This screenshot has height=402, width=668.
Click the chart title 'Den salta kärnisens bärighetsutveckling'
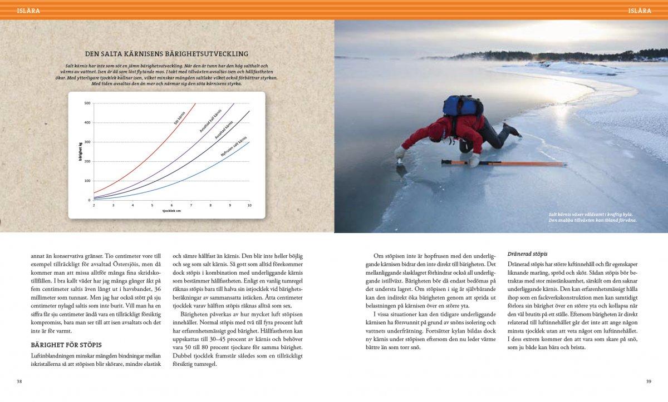point(166,54)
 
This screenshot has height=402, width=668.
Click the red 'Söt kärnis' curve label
point(180,118)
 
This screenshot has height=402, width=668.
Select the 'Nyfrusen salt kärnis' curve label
point(234,146)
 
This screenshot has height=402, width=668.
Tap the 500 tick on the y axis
point(87,103)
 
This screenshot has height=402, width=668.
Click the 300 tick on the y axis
point(87,142)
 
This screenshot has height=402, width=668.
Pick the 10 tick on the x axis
point(249,205)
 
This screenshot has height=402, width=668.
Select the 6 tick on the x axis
point(171,205)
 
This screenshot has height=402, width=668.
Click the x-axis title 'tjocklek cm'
point(171,211)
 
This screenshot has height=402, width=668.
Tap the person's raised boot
point(511,130)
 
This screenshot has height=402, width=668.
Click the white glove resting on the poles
point(474,161)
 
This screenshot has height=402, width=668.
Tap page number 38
point(19,381)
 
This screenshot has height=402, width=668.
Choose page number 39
point(648,381)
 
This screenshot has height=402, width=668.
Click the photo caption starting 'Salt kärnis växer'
point(592,217)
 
